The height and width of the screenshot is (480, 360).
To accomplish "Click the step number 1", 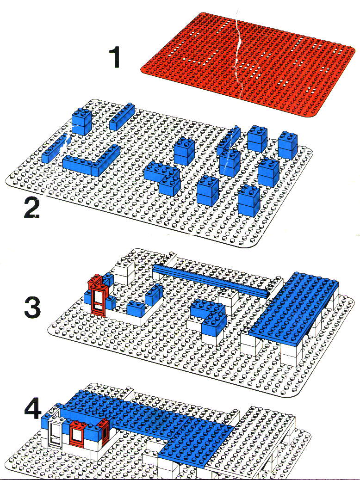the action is [115, 57].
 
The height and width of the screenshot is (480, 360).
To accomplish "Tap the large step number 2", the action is [32, 207].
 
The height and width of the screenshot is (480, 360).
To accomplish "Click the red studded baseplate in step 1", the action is [248, 64].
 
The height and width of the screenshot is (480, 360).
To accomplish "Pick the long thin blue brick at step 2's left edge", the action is [55, 148].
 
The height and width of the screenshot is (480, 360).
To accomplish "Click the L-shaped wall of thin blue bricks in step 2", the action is [91, 161].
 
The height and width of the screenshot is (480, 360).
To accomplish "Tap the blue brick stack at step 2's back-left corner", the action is [81, 121].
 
